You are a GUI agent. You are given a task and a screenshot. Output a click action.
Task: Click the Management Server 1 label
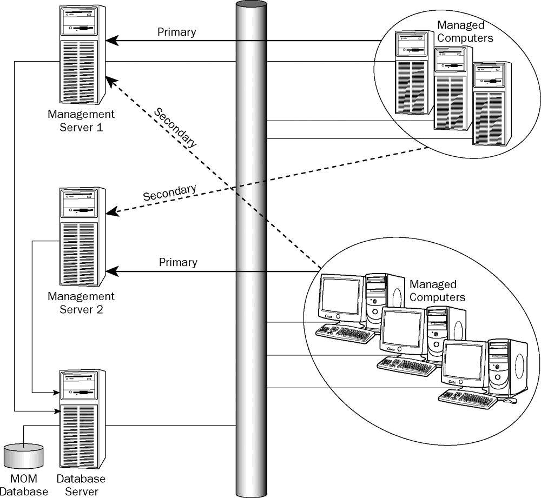coord(81,121)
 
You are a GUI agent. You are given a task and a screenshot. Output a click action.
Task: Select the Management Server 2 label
coord(81,303)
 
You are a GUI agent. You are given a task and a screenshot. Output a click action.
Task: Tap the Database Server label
coord(81,485)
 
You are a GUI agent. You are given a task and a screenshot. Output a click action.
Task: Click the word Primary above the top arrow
coord(176,32)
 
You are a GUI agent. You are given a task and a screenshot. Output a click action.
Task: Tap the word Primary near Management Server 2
coord(178,262)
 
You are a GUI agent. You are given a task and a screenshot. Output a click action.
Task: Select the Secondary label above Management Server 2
coord(169,192)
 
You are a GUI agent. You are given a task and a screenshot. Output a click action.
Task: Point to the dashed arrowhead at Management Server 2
coord(110,213)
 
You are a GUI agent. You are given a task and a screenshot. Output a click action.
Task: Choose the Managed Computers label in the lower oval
coord(437,290)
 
